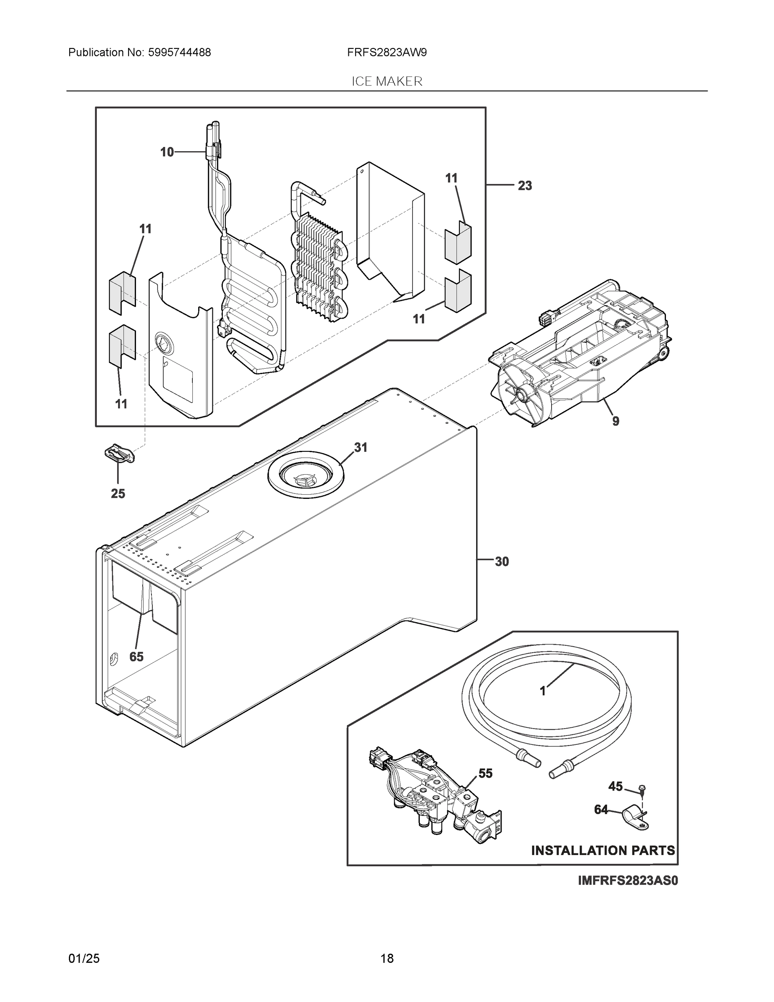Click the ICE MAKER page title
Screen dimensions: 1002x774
pos(386,81)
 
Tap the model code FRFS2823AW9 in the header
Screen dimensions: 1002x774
pos(386,52)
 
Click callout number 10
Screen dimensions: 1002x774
pos(167,152)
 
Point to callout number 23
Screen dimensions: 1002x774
pos(524,185)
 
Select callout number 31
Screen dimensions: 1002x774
pos(361,447)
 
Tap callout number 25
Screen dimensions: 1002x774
pos(118,493)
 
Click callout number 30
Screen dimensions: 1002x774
pos(502,561)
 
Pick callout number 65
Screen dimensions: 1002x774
pos(136,657)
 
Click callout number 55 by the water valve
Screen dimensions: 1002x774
pos(485,773)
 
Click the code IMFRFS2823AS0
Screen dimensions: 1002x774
pos(627,881)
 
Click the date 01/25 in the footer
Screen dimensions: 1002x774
pos(84,959)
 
